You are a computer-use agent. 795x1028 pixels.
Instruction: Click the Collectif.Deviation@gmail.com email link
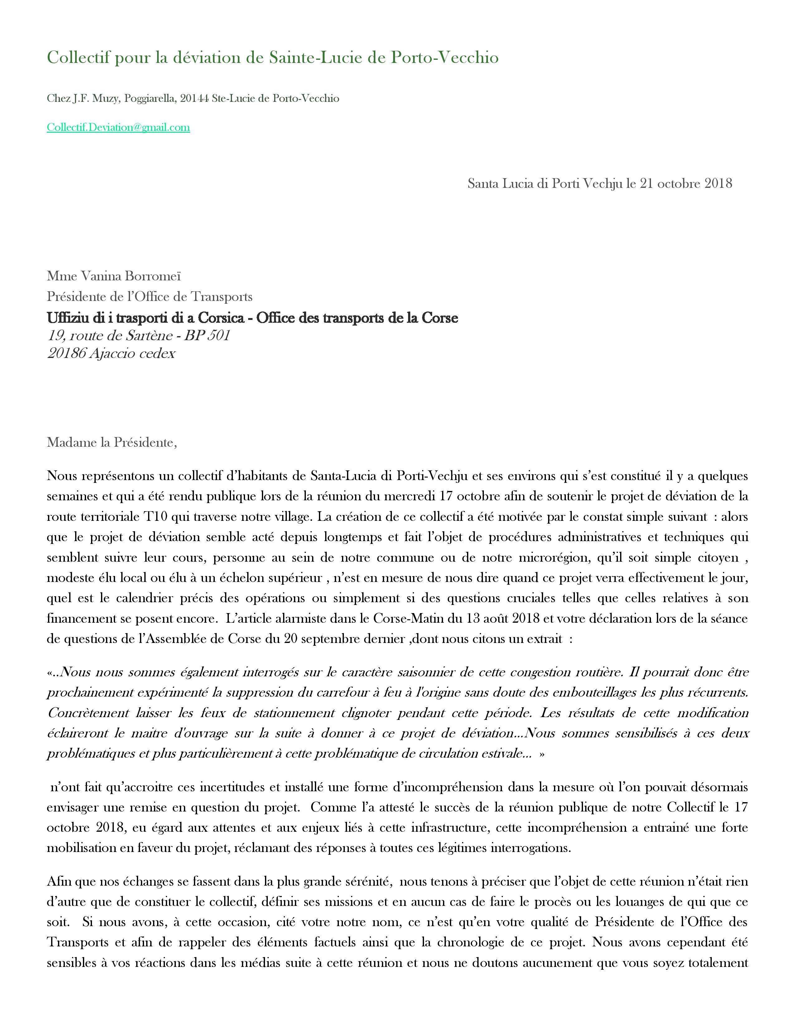[x=118, y=127]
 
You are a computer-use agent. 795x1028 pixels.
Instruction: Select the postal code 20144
[x=195, y=98]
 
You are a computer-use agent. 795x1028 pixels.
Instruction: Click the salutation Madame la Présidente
[x=112, y=442]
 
